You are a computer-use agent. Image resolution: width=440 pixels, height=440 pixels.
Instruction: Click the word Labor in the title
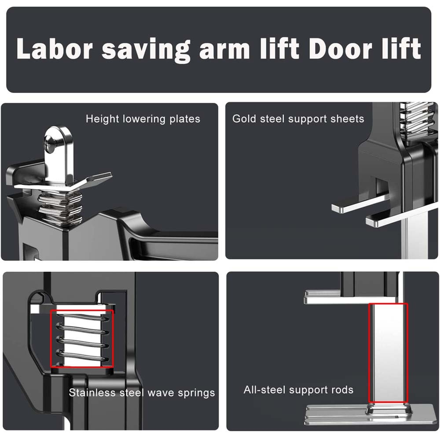[x=54, y=48]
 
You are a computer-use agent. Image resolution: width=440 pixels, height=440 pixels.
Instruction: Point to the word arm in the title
[x=224, y=51]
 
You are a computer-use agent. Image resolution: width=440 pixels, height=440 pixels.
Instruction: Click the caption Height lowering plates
[x=143, y=119]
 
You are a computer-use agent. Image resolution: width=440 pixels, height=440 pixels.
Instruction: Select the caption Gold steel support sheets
[x=298, y=119]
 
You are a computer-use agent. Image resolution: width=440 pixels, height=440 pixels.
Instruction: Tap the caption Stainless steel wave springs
[x=142, y=393]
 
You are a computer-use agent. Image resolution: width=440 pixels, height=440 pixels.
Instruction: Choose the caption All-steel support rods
[x=298, y=389]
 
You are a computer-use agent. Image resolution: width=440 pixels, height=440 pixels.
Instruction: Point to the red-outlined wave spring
[x=82, y=339]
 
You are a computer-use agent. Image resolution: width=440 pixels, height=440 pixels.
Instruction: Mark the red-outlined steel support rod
[x=388, y=353]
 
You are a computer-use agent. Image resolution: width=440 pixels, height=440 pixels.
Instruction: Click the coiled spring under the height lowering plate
[x=61, y=207]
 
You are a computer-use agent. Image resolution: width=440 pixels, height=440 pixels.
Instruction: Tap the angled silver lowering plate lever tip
[x=101, y=177]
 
